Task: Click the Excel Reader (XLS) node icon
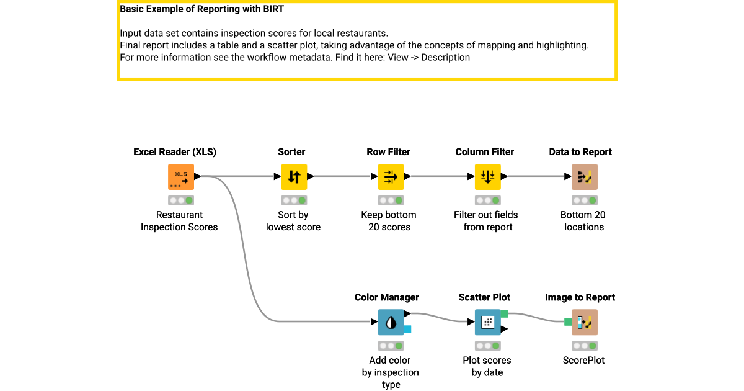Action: coord(181,177)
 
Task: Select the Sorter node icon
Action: coord(294,177)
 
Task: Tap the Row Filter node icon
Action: coord(391,177)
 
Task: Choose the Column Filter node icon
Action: coord(487,177)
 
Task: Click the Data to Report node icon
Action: coord(584,177)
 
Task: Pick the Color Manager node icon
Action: coord(391,322)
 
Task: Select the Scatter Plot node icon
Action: coord(487,322)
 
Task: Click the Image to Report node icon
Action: coord(584,322)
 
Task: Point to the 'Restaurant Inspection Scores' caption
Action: coord(179,221)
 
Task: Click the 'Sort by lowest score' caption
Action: coord(293,221)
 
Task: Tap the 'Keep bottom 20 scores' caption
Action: coord(389,221)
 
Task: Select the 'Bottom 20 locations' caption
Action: coord(583,221)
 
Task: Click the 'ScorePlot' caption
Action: coord(583,360)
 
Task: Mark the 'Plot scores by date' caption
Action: coord(487,366)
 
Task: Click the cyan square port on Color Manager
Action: coord(407,329)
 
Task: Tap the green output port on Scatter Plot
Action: coord(504,314)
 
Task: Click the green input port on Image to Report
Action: coord(568,321)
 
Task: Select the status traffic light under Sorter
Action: coord(293,200)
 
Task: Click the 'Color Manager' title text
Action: coord(387,297)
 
